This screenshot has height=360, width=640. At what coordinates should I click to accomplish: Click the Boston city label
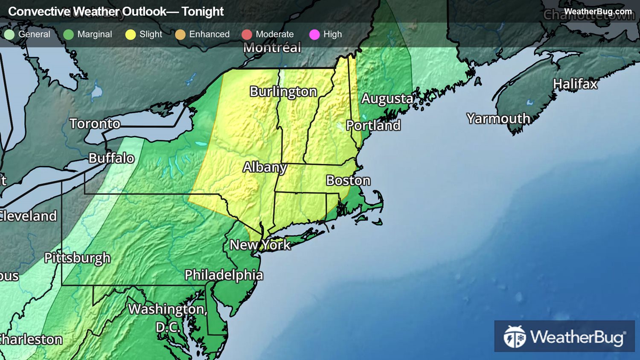pyautogui.click(x=348, y=180)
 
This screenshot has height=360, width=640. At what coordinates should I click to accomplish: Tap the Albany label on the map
pyautogui.click(x=265, y=167)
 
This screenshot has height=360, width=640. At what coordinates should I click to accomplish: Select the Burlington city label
pyautogui.click(x=283, y=92)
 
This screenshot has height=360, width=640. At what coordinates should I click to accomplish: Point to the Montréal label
pyautogui.click(x=272, y=48)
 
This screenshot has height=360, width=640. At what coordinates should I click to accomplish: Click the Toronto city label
pyautogui.click(x=95, y=124)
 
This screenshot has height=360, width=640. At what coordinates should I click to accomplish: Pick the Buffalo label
pyautogui.click(x=111, y=158)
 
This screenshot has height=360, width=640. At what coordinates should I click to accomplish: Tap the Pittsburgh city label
pyautogui.click(x=77, y=258)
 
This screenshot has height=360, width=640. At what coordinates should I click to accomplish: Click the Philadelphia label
pyautogui.click(x=224, y=275)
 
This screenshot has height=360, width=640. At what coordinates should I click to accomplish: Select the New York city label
pyautogui.click(x=260, y=245)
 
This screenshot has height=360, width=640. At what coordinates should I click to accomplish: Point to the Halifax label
pyautogui.click(x=575, y=84)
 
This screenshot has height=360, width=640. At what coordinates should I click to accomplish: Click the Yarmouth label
pyautogui.click(x=498, y=119)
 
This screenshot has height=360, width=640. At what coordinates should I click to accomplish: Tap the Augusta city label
pyautogui.click(x=387, y=99)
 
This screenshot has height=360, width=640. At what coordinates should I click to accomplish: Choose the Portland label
pyautogui.click(x=373, y=125)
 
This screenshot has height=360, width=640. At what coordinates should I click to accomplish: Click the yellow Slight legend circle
pyautogui.click(x=131, y=35)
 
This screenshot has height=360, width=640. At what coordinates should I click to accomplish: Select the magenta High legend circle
pyautogui.click(x=314, y=35)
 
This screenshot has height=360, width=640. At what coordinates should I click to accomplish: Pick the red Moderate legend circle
pyautogui.click(x=247, y=35)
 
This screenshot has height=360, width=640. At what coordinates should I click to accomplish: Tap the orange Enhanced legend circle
pyautogui.click(x=180, y=35)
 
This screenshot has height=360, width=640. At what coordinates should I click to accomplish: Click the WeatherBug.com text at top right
pyautogui.click(x=597, y=12)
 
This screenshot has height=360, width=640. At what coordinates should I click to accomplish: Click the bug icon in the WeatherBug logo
pyautogui.click(x=515, y=337)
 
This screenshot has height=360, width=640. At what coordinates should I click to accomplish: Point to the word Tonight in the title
pyautogui.click(x=202, y=12)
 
